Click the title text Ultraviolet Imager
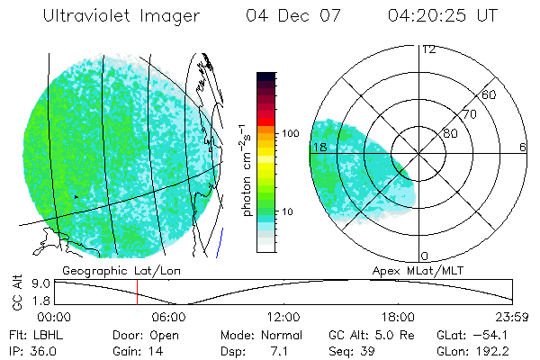point(121,16)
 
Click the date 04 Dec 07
point(284,16)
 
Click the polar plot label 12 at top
point(428,49)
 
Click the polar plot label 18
point(318,147)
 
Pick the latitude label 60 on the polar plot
point(490,94)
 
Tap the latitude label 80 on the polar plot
point(450,133)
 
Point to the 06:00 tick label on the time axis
point(169,317)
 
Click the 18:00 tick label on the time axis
point(398,317)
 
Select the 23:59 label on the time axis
point(512,317)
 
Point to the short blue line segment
point(220,240)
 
